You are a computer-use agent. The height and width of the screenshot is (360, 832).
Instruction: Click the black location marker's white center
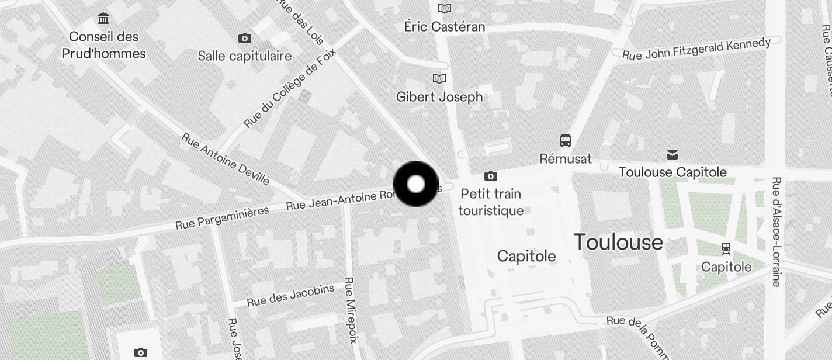click(x=415, y=184)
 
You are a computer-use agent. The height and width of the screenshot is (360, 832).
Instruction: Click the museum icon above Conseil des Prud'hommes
click(x=104, y=19)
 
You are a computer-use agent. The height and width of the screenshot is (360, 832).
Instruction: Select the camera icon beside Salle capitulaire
click(x=245, y=39)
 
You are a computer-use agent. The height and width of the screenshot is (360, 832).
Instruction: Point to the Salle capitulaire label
click(x=244, y=56)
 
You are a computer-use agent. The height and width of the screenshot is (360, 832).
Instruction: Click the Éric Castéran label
click(x=445, y=27)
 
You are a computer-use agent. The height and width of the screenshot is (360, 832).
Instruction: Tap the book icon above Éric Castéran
click(x=445, y=8)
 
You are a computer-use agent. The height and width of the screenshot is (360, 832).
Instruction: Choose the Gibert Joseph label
click(x=439, y=97)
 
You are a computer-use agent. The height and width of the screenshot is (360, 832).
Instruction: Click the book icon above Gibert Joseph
click(x=439, y=78)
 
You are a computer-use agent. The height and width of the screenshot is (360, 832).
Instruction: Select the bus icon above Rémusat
click(x=566, y=140)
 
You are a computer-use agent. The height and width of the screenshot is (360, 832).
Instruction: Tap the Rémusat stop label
click(x=566, y=158)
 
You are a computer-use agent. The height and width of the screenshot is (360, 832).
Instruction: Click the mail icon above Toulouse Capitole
click(x=672, y=155)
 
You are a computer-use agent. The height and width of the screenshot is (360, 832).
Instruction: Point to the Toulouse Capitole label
click(x=672, y=172)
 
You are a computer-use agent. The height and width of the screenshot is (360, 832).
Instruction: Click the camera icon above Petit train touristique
click(x=491, y=176)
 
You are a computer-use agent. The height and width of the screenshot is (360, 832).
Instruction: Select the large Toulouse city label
click(x=618, y=242)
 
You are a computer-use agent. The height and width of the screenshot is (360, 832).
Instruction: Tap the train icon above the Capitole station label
click(x=726, y=248)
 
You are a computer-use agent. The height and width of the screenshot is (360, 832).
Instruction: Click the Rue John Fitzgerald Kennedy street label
click(x=696, y=49)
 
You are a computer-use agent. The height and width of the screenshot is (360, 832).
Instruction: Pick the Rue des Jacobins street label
click(x=290, y=295)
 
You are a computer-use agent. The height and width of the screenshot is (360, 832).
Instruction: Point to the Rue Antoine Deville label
click(x=226, y=158)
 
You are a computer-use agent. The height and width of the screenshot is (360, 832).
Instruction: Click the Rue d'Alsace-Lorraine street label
click(x=776, y=231)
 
